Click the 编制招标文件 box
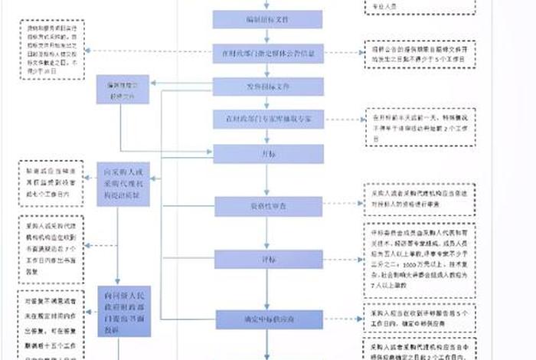click(267, 19)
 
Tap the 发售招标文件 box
click(267, 86)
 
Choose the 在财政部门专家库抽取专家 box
click(267, 119)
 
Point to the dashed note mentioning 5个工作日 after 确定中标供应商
click(419, 317)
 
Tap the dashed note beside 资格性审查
click(419, 199)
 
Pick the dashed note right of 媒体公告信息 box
click(419, 55)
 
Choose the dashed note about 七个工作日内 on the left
click(51, 184)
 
